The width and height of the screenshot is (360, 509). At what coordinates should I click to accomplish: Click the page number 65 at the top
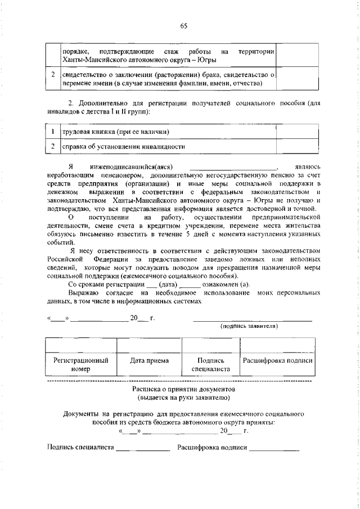tap(183, 25)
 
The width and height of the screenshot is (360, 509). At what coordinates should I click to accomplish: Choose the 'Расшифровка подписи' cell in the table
tap(277, 361)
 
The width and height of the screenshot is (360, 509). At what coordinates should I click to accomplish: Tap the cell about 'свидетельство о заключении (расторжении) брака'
tap(168, 79)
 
